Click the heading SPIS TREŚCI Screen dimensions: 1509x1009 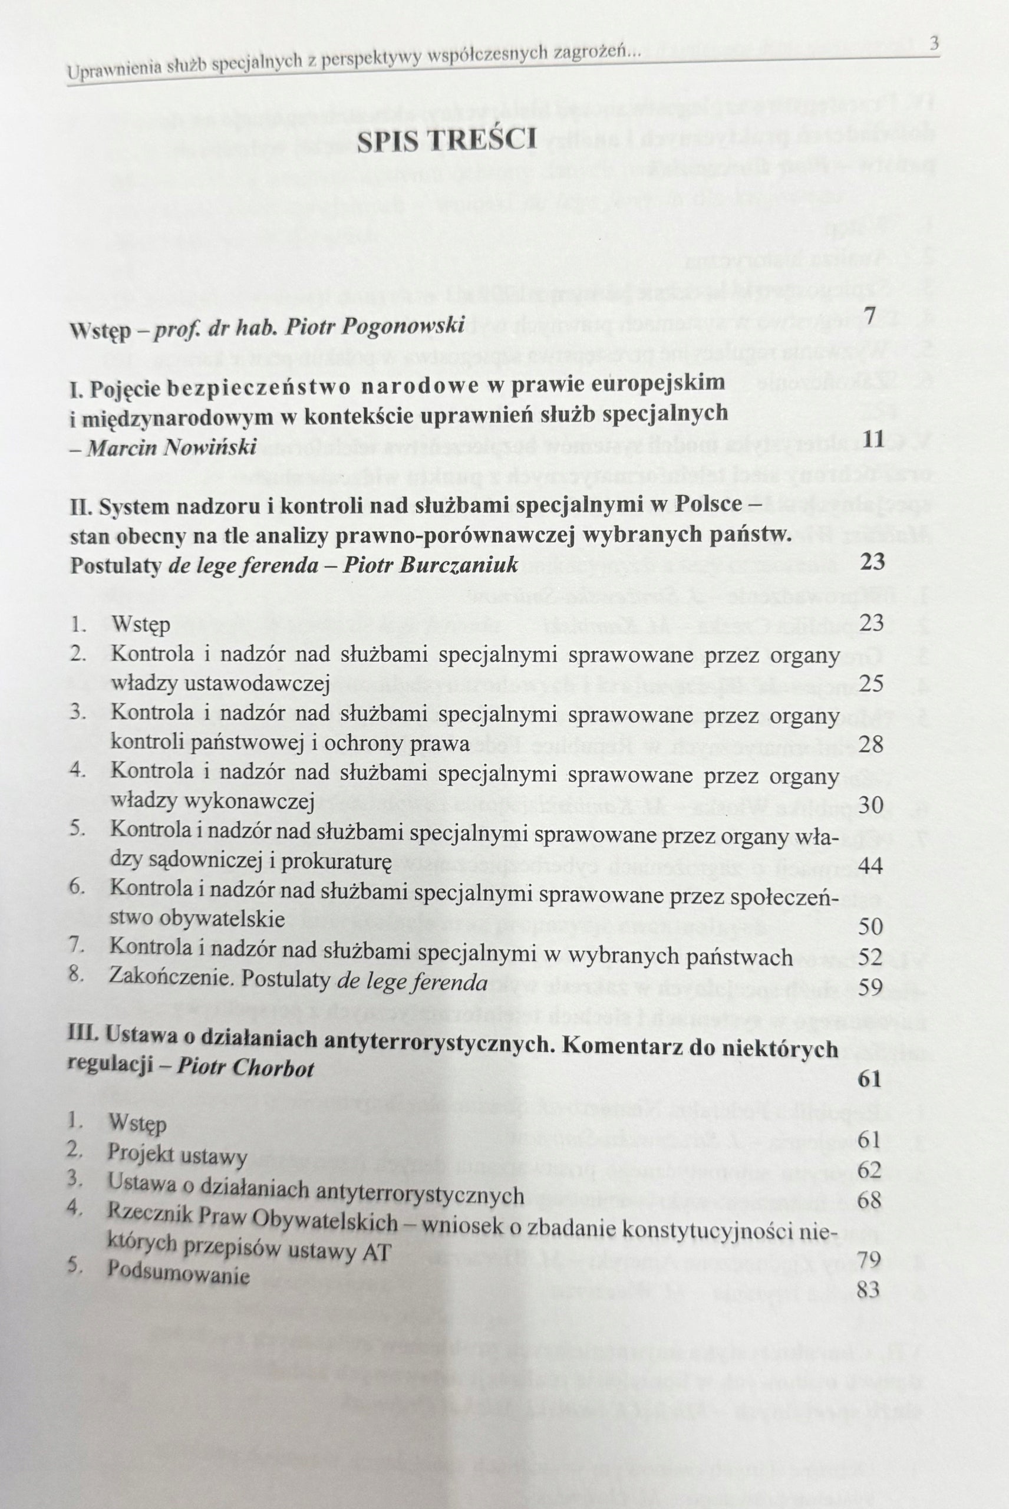click(447, 140)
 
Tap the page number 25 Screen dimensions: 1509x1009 click(871, 683)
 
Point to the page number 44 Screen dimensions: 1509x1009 click(870, 865)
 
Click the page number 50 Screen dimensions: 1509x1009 click(870, 927)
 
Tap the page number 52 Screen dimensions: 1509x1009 click(870, 957)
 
